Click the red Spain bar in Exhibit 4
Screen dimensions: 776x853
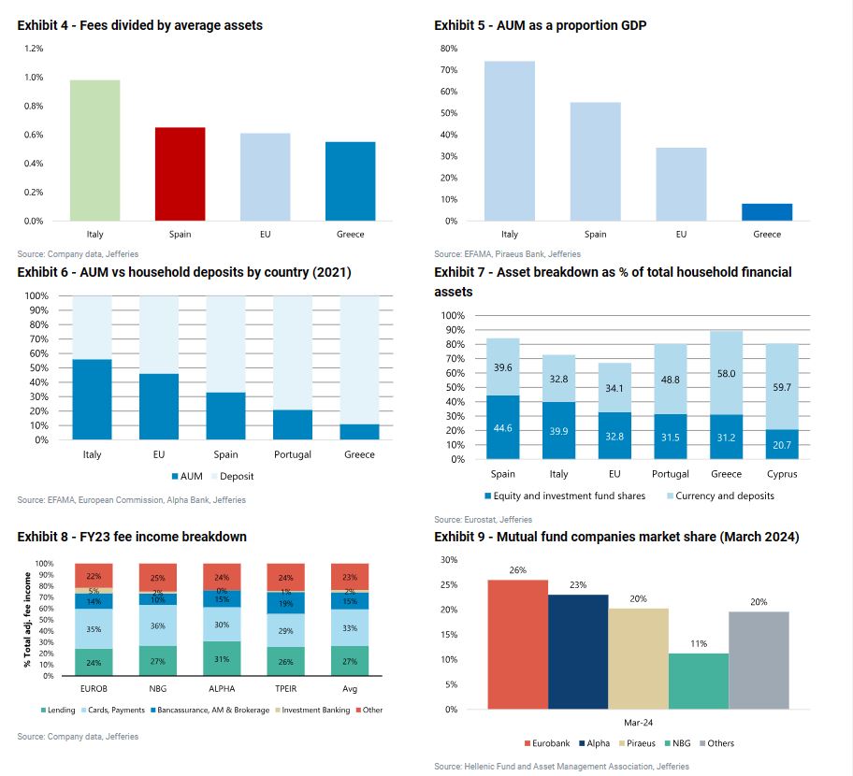tap(180, 174)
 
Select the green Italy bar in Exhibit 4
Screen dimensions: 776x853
tap(94, 151)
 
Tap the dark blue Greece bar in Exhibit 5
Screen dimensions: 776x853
tap(767, 212)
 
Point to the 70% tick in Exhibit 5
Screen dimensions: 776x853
tap(448, 70)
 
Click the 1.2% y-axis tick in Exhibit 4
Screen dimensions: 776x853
tap(33, 49)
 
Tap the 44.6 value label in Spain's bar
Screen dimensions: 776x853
tap(503, 428)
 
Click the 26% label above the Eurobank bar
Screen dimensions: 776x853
tap(518, 570)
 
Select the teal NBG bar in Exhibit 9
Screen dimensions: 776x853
tap(698, 681)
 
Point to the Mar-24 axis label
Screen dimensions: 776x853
tap(638, 723)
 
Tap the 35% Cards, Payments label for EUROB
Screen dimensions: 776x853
tap(94, 629)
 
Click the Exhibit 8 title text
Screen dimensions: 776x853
tap(132, 537)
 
